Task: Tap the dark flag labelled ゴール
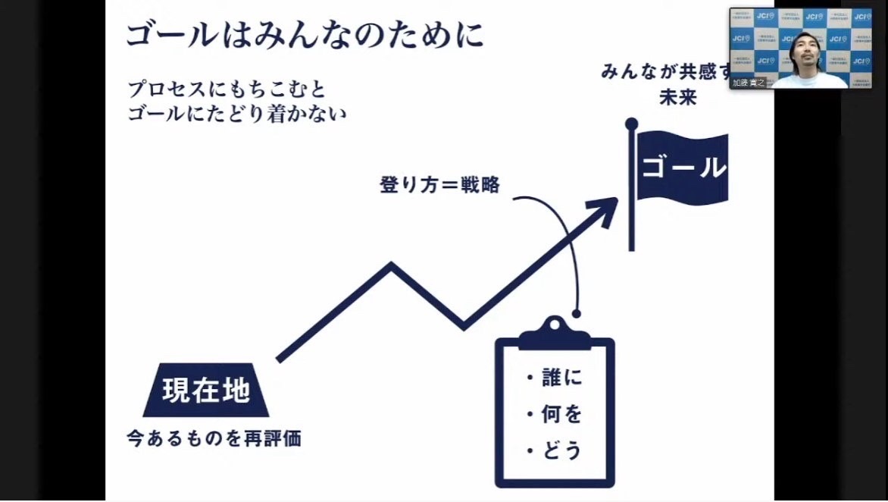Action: point(682,168)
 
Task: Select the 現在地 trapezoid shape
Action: point(205,390)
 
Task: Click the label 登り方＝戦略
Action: point(439,185)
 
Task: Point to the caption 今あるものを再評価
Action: point(214,438)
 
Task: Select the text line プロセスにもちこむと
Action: point(227,89)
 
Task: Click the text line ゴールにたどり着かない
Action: point(236,115)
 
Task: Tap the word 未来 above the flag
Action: point(677,98)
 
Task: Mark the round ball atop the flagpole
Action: point(631,123)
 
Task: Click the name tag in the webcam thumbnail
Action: point(749,83)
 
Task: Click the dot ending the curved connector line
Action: point(577,312)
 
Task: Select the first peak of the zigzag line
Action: point(391,265)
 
